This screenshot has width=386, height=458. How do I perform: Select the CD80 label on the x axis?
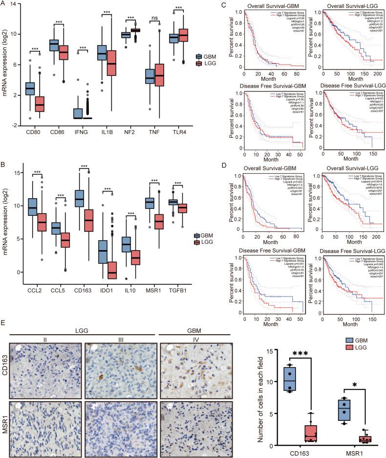coord(30,133)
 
